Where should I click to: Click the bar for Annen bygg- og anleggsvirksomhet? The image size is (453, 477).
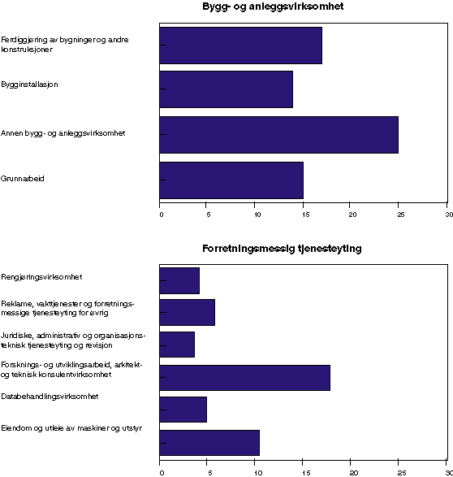tap(278, 135)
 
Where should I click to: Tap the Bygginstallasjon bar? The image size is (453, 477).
tap(226, 89)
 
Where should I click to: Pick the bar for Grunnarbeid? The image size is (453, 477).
tap(231, 180)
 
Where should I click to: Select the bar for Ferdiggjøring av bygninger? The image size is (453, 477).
tap(240, 45)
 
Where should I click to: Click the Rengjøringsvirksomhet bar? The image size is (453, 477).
tap(179, 280)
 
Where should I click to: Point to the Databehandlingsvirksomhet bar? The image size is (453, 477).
tap(183, 410)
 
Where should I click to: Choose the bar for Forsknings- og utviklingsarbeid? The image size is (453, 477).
tap(244, 378)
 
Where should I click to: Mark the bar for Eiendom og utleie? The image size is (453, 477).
tap(209, 443)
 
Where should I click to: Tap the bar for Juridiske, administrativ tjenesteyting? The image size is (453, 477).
tap(177, 345)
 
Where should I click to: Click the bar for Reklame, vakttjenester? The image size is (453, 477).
tap(187, 313)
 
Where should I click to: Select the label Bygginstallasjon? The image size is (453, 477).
tap(29, 85)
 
